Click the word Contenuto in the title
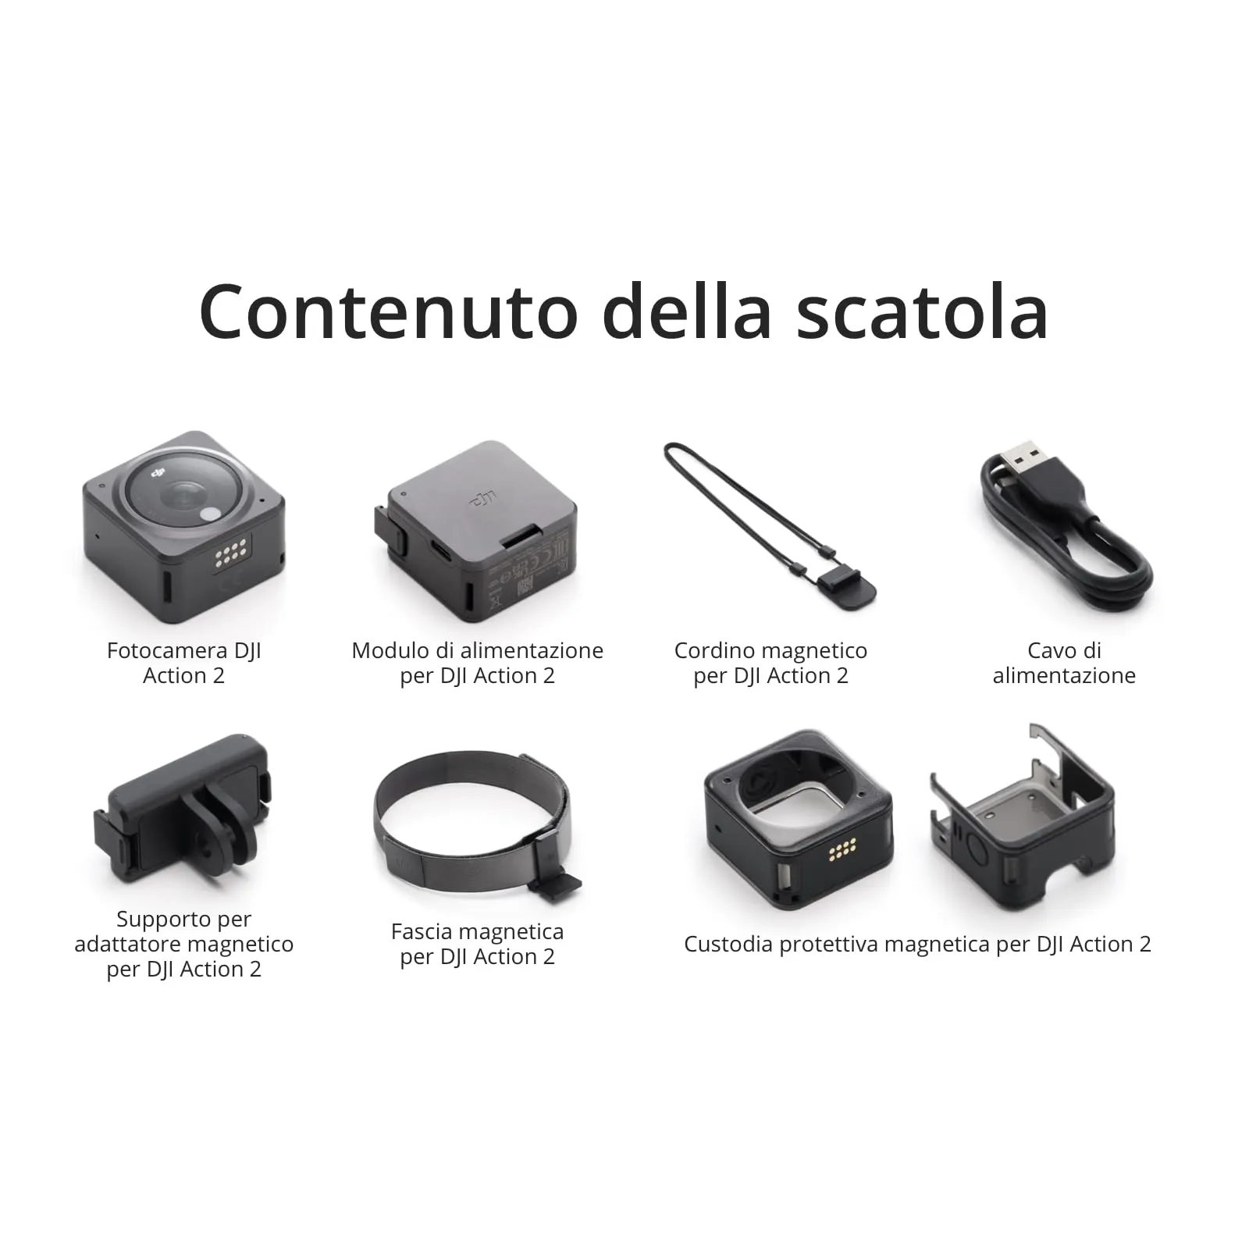click(388, 311)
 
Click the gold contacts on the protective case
click(842, 848)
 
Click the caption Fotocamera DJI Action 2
click(184, 663)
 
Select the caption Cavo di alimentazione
click(1064, 663)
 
